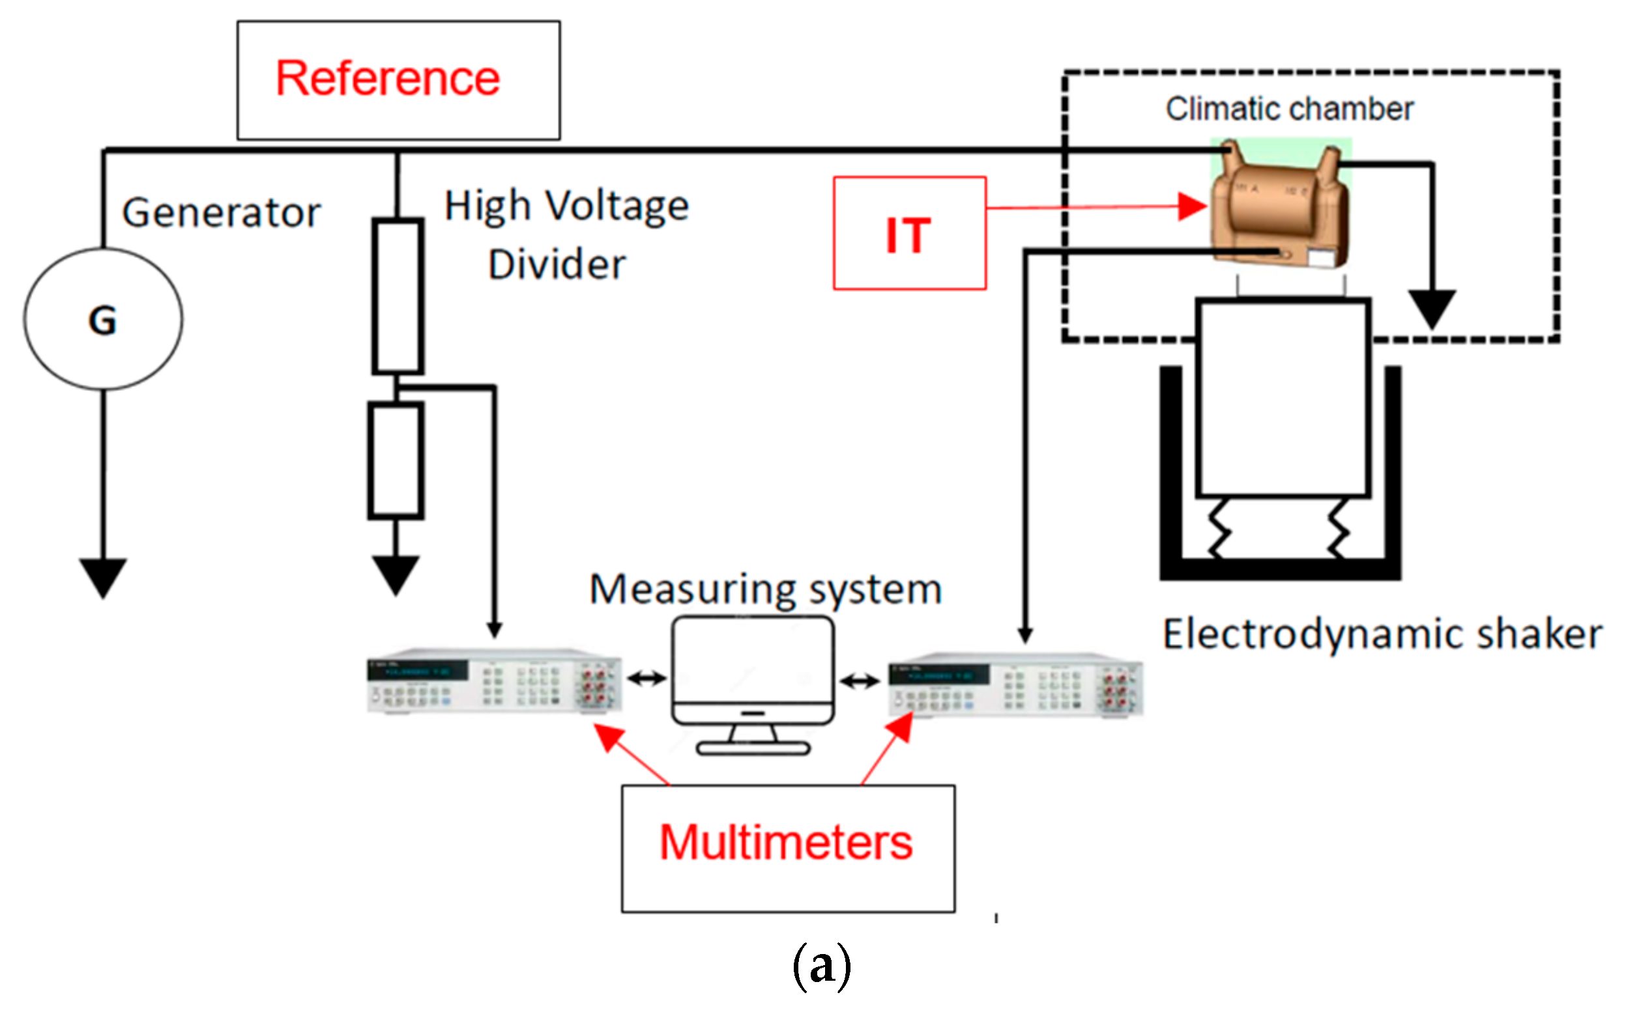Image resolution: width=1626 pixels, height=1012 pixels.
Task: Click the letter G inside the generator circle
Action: [102, 320]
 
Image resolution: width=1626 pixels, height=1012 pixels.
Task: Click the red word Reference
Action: [388, 78]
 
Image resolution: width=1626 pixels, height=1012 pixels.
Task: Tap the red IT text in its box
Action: [908, 236]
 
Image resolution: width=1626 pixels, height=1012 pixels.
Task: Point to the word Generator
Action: [221, 213]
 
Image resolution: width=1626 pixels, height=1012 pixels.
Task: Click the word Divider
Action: [557, 264]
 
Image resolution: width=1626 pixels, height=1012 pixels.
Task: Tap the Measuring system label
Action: [766, 589]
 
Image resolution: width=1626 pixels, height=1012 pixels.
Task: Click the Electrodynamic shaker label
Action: [1382, 634]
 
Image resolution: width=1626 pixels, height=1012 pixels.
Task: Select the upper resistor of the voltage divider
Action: [398, 296]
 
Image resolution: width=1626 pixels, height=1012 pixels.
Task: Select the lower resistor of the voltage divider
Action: [396, 460]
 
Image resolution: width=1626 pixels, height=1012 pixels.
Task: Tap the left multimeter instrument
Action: [494, 681]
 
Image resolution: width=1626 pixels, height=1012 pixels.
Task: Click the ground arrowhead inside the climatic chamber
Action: [1432, 307]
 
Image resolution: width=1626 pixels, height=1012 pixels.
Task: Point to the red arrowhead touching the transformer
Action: [1193, 206]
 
